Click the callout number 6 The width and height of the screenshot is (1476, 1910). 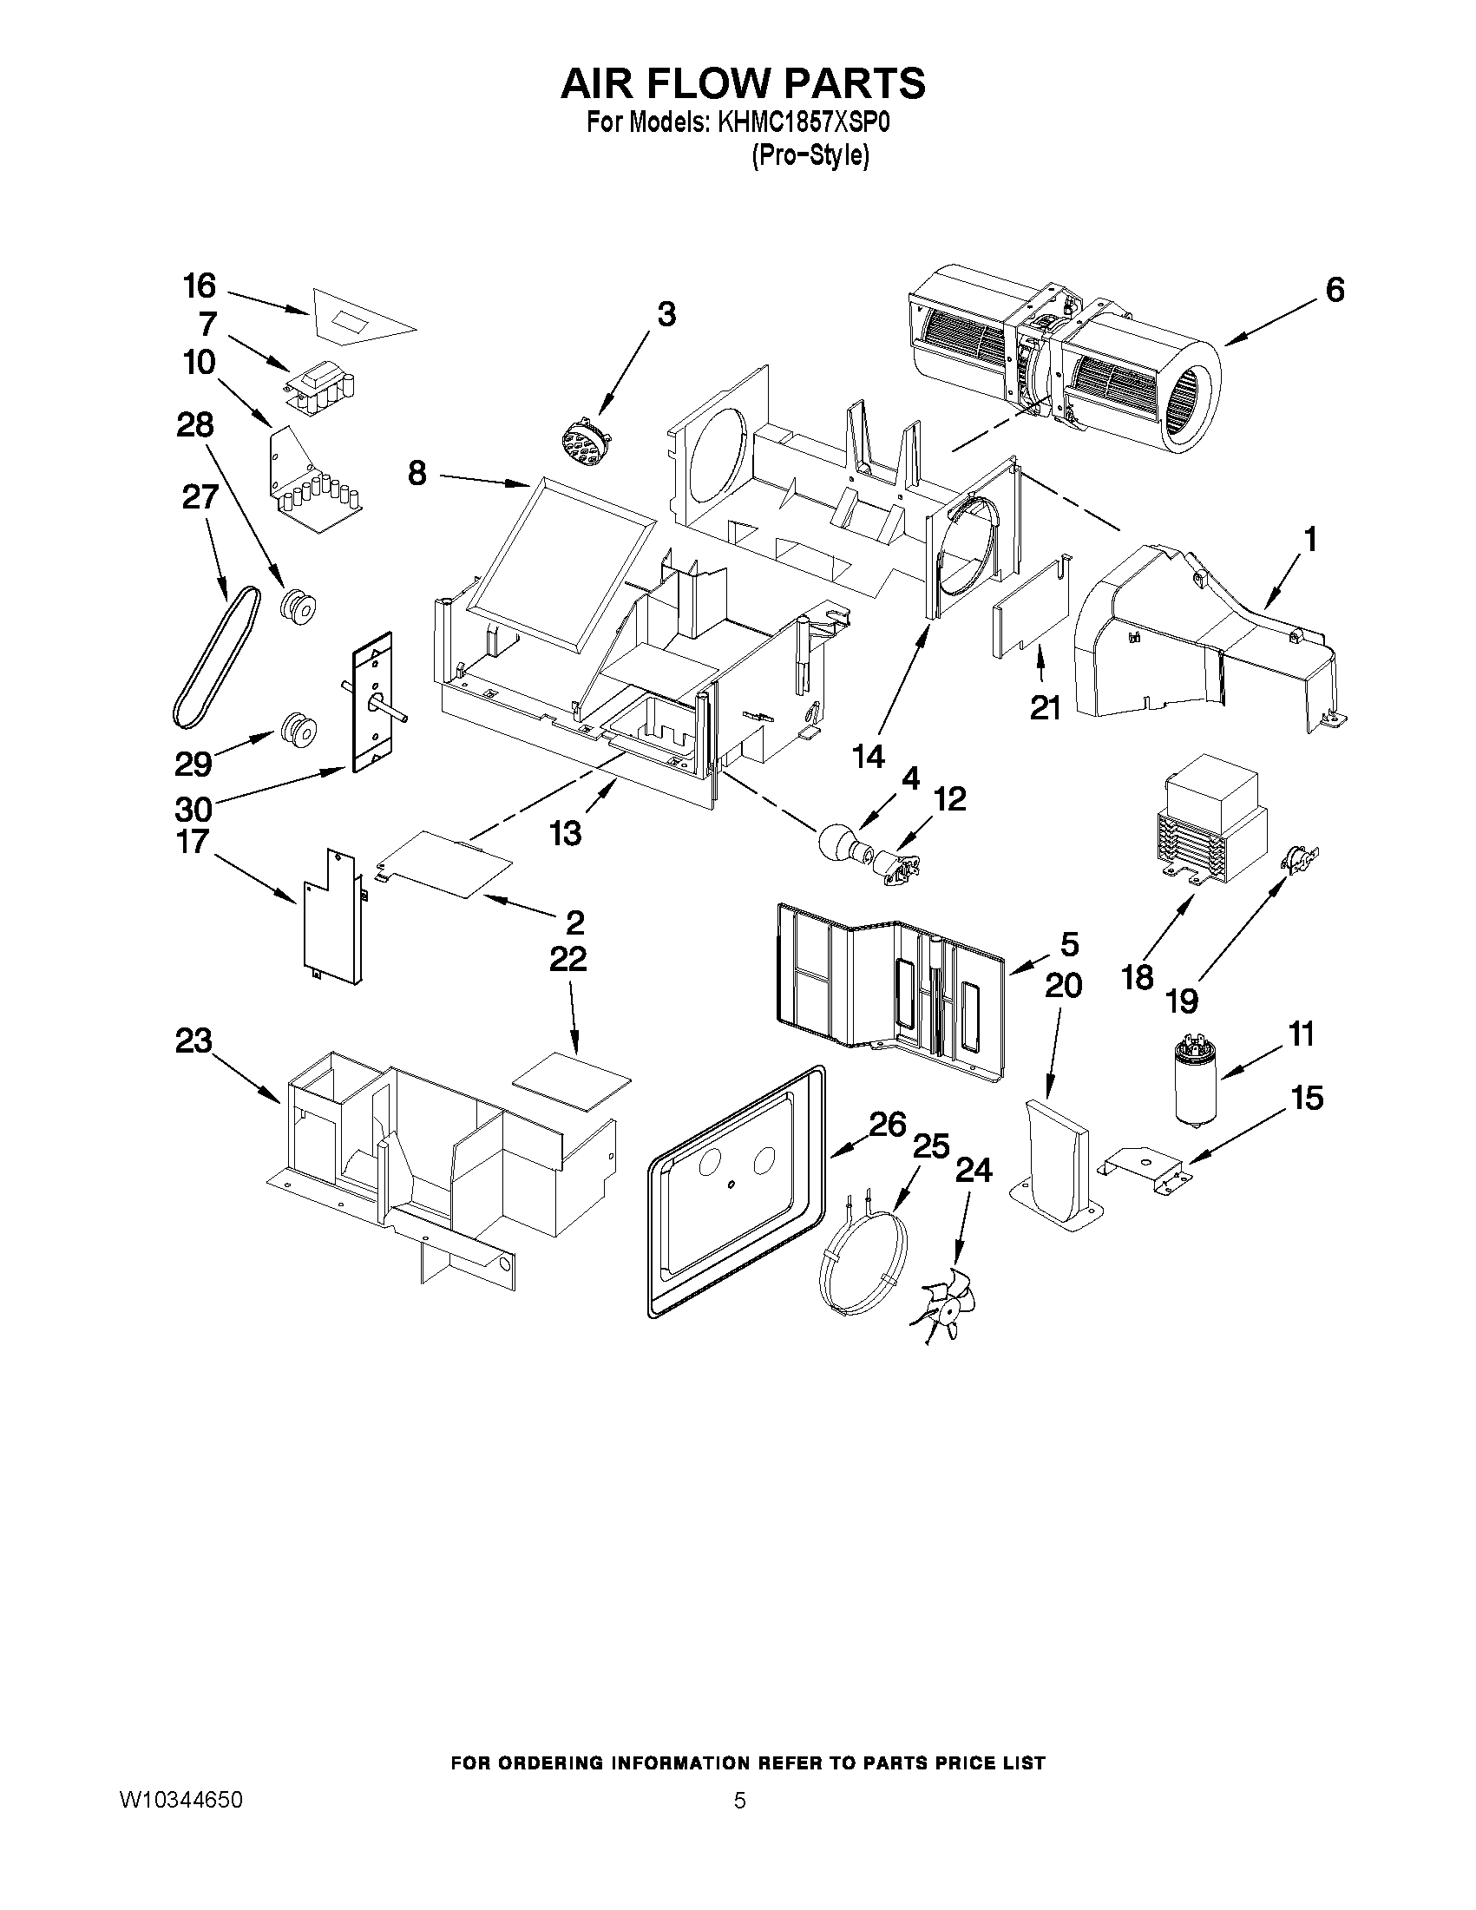pyautogui.click(x=1335, y=291)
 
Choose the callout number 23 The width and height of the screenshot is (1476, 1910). pyautogui.click(x=194, y=1041)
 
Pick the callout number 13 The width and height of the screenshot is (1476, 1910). pyautogui.click(x=566, y=833)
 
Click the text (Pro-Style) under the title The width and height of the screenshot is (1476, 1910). pyautogui.click(x=810, y=156)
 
